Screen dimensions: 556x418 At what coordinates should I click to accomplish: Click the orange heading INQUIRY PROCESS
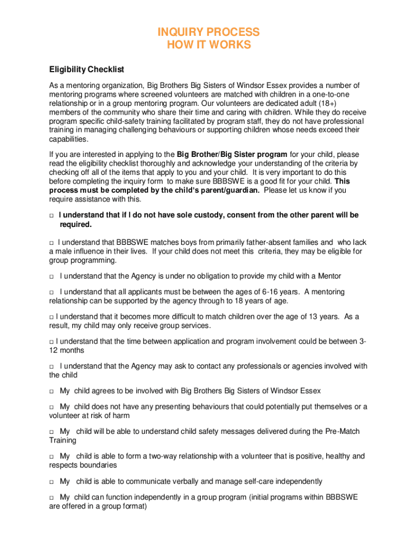click(208, 32)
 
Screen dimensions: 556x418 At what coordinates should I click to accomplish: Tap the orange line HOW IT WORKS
click(208, 45)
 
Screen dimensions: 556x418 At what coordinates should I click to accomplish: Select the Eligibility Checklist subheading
click(87, 69)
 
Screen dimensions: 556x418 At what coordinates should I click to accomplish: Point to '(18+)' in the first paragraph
click(326, 104)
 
